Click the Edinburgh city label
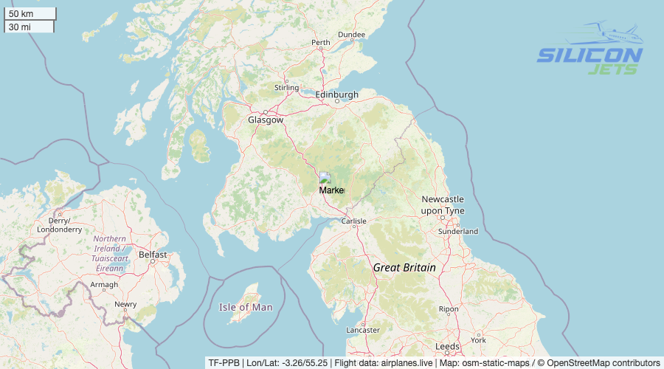[336, 95]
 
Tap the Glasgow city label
[265, 120]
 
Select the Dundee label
[351, 35]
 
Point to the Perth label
[321, 43]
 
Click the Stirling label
[286, 88]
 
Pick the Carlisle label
[354, 221]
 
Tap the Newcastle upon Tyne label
[443, 205]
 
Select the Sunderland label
[457, 232]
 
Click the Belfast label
[153, 255]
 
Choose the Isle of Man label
[246, 307]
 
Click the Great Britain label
[404, 268]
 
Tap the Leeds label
[447, 346]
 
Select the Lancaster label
[363, 330]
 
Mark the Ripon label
[448, 309]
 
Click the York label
[478, 340]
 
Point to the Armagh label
[104, 285]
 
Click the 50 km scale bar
[30, 13]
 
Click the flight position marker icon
[325, 178]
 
